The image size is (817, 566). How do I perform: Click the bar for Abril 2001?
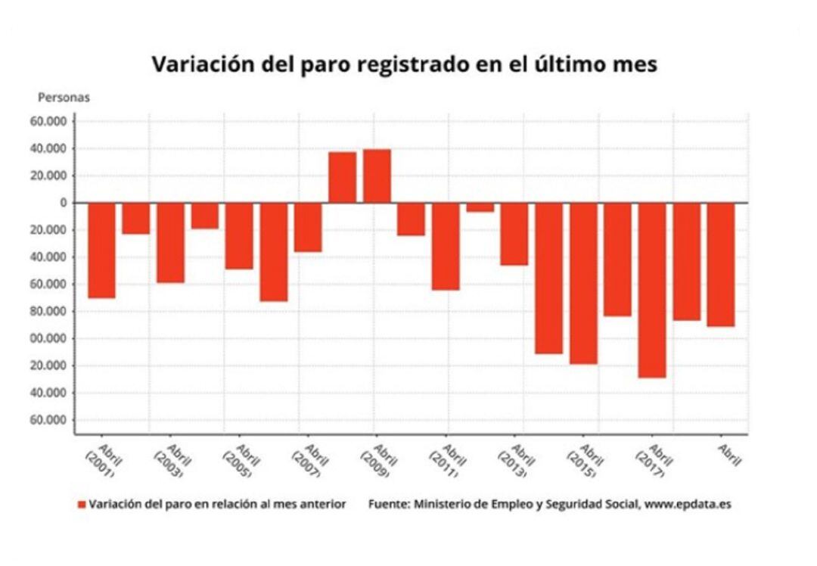[x=101, y=250]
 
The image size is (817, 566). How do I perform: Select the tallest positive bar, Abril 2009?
[x=377, y=176]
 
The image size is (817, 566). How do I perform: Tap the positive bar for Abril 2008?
[x=342, y=178]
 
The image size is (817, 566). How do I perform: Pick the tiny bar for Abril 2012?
[x=480, y=207]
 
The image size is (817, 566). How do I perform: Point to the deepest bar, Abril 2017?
[x=652, y=290]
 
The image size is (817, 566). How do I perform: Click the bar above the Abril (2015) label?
[x=583, y=283]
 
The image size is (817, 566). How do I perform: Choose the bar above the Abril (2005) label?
[x=239, y=236]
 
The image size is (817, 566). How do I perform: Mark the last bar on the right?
[x=721, y=265]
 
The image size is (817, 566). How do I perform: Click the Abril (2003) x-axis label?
[x=169, y=458]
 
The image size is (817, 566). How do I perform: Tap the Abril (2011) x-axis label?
[x=445, y=458]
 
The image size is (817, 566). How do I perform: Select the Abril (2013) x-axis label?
[x=514, y=458]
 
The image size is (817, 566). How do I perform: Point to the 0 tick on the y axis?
[x=64, y=203]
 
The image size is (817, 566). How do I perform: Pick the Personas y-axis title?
[x=64, y=98]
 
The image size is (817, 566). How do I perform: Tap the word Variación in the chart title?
[x=200, y=64]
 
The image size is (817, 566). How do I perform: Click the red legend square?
[x=81, y=504]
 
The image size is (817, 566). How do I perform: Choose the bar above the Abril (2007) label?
[x=308, y=227]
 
